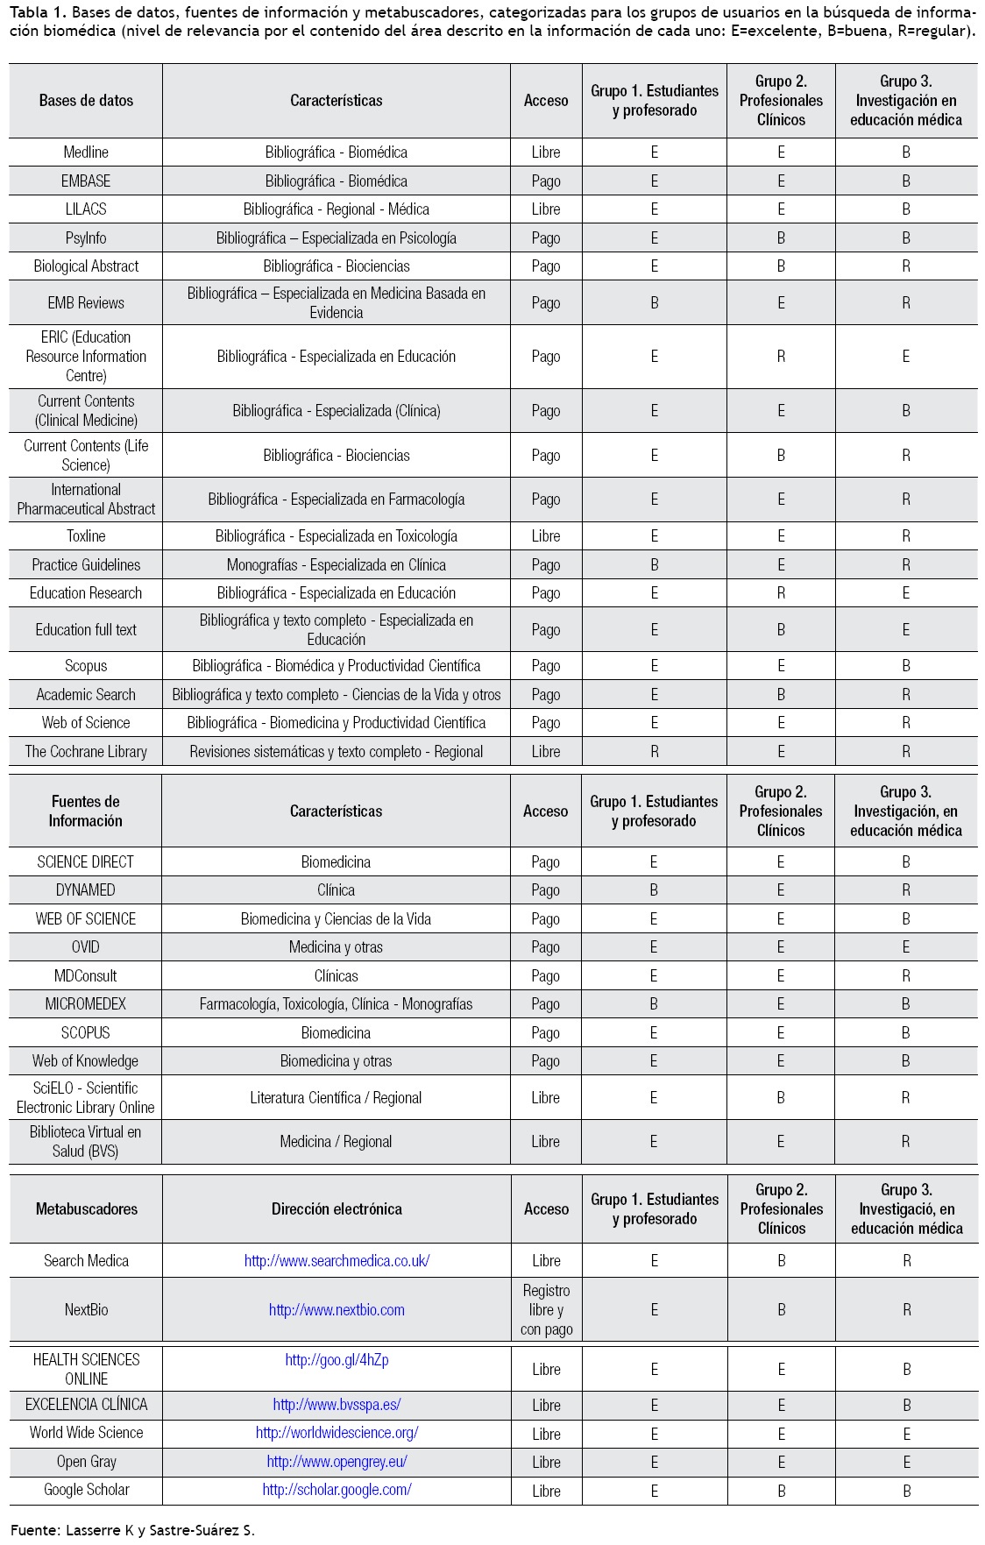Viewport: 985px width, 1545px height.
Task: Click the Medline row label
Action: click(86, 152)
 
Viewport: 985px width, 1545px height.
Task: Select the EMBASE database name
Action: click(86, 181)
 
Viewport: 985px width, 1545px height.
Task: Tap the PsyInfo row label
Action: click(86, 238)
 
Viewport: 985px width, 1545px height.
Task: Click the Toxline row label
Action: click(86, 536)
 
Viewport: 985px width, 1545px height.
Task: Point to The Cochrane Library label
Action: click(86, 752)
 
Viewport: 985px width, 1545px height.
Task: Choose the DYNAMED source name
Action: click(86, 890)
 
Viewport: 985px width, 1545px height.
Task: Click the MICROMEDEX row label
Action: click(86, 1004)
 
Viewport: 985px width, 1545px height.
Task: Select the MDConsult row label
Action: click(86, 976)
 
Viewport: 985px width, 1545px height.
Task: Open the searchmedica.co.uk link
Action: click(337, 1261)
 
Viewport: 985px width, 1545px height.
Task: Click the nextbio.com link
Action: click(337, 1310)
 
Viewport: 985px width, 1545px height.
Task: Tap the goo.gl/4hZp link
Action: click(337, 1360)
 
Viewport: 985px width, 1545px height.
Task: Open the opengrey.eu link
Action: click(337, 1462)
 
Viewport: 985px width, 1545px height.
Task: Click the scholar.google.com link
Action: click(337, 1490)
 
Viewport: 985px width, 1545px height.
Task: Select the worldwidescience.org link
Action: click(337, 1433)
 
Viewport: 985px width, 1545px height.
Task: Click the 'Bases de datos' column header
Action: click(86, 101)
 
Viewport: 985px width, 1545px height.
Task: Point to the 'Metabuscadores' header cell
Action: click(86, 1209)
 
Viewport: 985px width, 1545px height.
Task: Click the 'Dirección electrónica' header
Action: click(337, 1209)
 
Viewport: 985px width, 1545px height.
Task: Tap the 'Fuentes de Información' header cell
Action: click(86, 811)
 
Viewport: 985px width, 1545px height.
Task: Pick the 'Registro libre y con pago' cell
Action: click(546, 1310)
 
